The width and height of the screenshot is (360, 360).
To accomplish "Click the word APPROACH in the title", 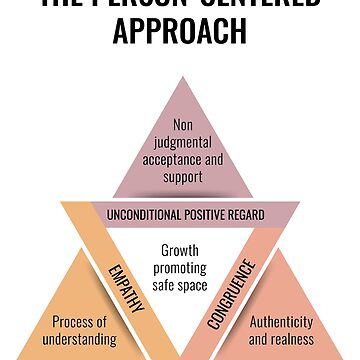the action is coord(180,31).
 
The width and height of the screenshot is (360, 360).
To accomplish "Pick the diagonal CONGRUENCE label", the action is coord(233,295).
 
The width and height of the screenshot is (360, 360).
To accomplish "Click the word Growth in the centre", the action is coord(180,250).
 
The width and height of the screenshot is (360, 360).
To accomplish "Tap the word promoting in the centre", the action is coord(180,267).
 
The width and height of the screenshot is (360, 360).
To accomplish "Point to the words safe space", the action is coord(180,285).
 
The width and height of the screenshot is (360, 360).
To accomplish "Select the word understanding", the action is coord(73,339).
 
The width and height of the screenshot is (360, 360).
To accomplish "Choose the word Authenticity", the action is coord(281,322).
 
